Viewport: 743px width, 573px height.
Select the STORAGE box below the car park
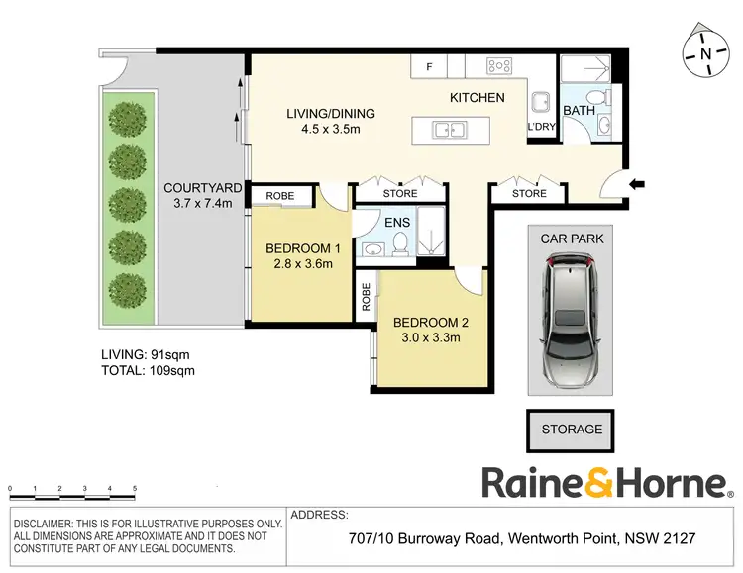(x=572, y=430)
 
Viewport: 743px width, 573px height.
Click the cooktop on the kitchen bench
(x=498, y=66)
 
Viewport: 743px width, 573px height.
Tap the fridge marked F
(x=429, y=66)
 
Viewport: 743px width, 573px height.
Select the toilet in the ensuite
(x=401, y=242)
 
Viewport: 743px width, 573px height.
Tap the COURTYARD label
(x=197, y=188)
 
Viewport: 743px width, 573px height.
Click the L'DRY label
(x=541, y=128)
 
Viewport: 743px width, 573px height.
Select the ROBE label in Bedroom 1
(x=280, y=196)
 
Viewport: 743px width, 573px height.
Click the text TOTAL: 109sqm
(x=148, y=371)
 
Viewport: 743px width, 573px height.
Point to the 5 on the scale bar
(x=135, y=489)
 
